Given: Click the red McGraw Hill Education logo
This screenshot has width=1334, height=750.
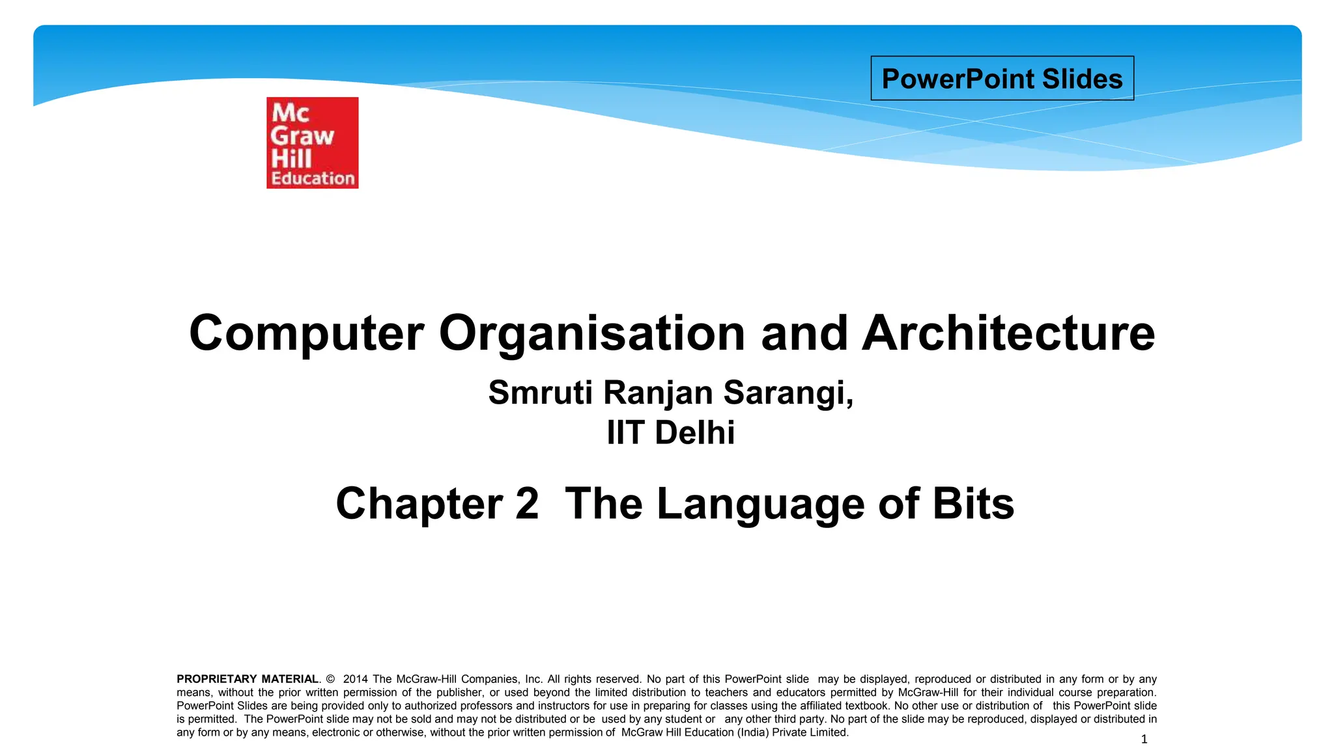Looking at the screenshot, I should click(312, 143).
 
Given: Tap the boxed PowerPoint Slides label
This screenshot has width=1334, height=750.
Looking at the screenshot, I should click(1002, 79).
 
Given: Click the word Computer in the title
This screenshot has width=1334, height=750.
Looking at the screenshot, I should click(306, 333).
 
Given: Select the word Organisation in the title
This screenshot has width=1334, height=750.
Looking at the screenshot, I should click(592, 333).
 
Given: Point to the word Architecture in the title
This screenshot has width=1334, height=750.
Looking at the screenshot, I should click(1008, 333).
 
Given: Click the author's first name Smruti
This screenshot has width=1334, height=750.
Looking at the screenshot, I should click(540, 393).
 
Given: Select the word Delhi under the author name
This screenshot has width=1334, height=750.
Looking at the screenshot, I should click(694, 433).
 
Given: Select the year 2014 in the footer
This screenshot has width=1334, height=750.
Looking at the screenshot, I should click(355, 679).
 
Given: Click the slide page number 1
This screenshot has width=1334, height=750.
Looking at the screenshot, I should click(1144, 739).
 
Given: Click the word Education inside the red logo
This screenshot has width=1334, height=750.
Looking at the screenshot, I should click(313, 178).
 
